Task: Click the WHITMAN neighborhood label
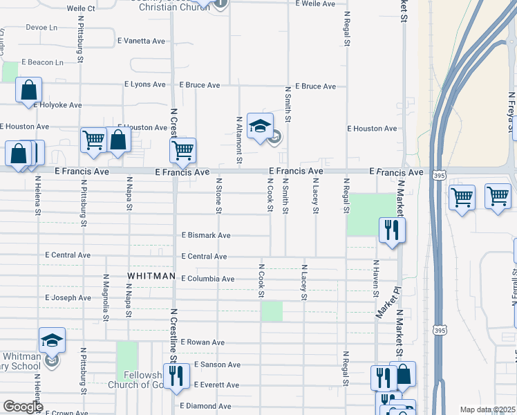[x=151, y=276]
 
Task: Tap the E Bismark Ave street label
[x=205, y=235]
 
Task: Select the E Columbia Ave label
[x=207, y=279]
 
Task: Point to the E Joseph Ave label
[x=68, y=298]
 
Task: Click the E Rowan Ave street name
[x=203, y=342]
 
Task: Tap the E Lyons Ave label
[x=145, y=84]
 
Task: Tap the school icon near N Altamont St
[x=260, y=127]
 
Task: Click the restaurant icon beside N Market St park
[x=392, y=230]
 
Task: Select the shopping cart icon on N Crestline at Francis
[x=182, y=149]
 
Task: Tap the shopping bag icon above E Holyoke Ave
[x=28, y=90]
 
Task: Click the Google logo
[x=23, y=407]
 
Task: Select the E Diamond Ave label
[x=206, y=406]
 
